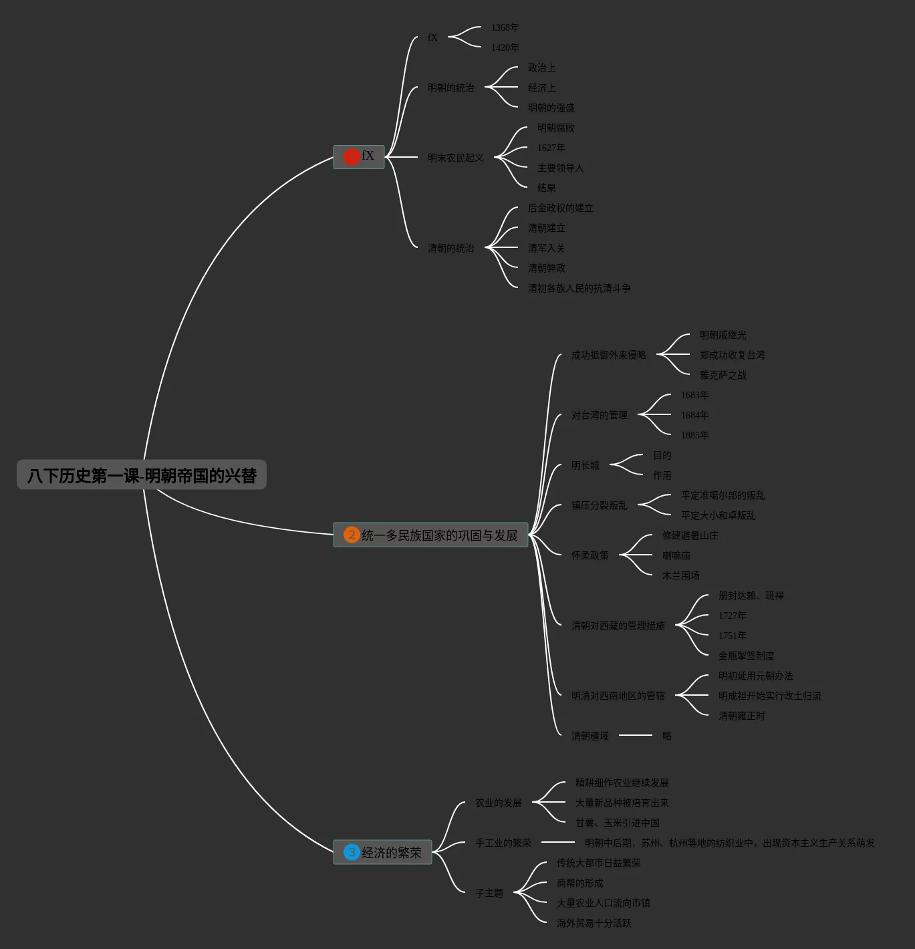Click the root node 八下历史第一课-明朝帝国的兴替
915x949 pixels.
pyautogui.click(x=142, y=475)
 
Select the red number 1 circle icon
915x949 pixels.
pyautogui.click(x=352, y=156)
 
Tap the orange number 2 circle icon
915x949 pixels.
pyautogui.click(x=352, y=535)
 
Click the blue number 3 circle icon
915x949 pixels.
pyautogui.click(x=352, y=852)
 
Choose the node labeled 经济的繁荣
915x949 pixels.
pyautogui.click(x=392, y=853)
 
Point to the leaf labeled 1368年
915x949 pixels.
pyautogui.click(x=505, y=27)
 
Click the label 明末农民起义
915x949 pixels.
pyautogui.click(x=455, y=158)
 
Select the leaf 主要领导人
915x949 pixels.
pyautogui.click(x=560, y=168)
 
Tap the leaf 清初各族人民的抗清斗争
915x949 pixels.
pyautogui.click(x=579, y=288)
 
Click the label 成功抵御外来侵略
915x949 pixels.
pyautogui.click(x=608, y=355)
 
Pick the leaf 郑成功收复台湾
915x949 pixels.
pyautogui.click(x=732, y=355)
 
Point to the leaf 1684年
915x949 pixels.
pyautogui.click(x=694, y=415)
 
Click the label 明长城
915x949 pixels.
pyautogui.click(x=585, y=465)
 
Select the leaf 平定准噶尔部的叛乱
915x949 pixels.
pyautogui.click(x=723, y=495)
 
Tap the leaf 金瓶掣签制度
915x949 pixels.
pyautogui.click(x=746, y=656)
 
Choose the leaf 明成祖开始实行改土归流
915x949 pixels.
pyautogui.click(x=769, y=696)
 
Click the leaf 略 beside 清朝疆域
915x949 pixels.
pyautogui.click(x=666, y=736)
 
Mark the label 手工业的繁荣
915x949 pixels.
pyautogui.click(x=503, y=843)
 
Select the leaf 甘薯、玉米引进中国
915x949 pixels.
pyautogui.click(x=617, y=823)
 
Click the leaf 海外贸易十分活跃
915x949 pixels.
pyautogui.click(x=594, y=923)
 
